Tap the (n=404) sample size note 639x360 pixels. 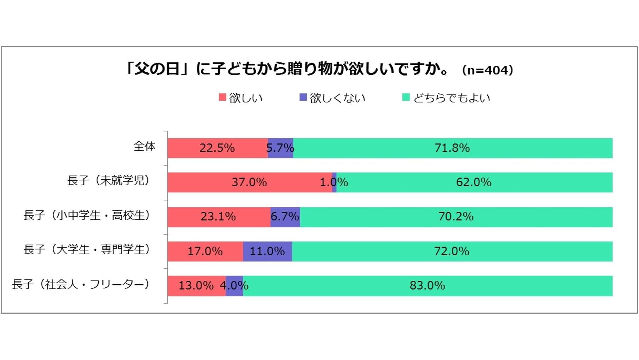click(487, 70)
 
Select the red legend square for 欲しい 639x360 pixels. click(222, 97)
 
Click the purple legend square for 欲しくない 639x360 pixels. click(303, 97)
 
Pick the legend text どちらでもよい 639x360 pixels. click(452, 98)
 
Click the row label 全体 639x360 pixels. click(144, 146)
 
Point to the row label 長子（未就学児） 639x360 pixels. click(108, 180)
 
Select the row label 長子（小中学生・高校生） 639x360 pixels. click(87, 215)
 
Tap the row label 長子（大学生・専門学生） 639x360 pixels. click(87, 249)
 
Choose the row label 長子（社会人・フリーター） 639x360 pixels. click(81, 284)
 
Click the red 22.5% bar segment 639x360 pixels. click(217, 148)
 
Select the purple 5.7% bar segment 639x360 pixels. click(280, 148)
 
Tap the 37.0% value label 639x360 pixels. click(249, 182)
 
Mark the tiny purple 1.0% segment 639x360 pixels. click(334, 182)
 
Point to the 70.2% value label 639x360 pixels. click(456, 216)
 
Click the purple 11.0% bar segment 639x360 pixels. click(267, 251)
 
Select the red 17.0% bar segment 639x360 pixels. click(205, 251)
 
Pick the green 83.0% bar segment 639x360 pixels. click(427, 285)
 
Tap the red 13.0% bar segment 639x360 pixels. click(196, 285)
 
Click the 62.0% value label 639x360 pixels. click(474, 182)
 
